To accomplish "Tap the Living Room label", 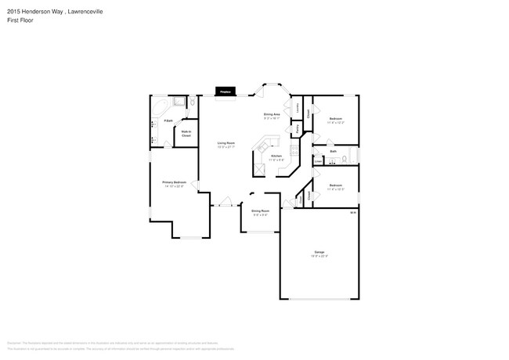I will [x=226, y=142].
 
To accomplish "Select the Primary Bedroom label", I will [x=174, y=182].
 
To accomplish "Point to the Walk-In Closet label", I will [x=186, y=133].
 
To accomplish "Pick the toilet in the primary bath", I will [x=191, y=102].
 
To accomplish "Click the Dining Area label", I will [x=272, y=115].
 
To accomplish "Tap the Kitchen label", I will [x=276, y=156].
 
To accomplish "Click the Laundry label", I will [x=298, y=108].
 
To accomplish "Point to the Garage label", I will [x=319, y=251].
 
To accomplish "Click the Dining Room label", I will [x=260, y=211].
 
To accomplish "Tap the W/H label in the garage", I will [x=352, y=212].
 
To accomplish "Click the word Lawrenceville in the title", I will [x=83, y=13].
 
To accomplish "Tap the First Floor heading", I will [x=16, y=22].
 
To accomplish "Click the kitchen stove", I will [x=259, y=168].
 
